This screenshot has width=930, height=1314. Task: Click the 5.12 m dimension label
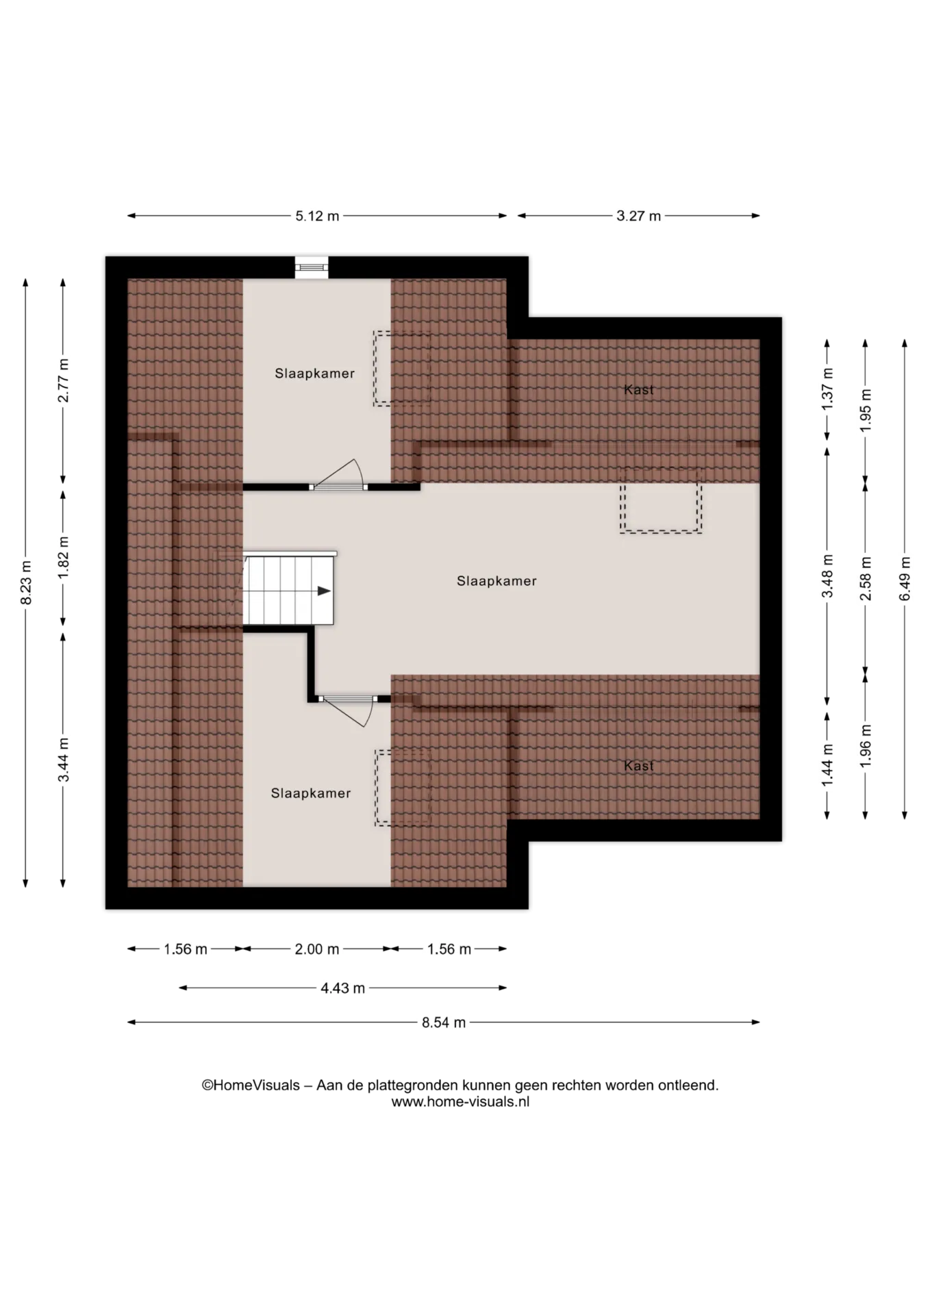[317, 216]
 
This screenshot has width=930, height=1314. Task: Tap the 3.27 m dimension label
[638, 216]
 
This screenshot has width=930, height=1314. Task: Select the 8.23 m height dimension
[26, 582]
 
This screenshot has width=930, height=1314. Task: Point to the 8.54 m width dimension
[444, 1022]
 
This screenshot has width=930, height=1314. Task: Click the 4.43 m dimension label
[342, 988]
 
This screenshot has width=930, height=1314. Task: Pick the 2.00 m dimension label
[317, 949]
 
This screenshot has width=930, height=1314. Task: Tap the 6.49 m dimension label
[905, 579]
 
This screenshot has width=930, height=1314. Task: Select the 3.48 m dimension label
[828, 576]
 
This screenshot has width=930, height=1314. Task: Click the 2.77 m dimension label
[64, 381]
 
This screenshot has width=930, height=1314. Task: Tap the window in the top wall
[312, 268]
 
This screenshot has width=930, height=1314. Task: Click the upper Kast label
[639, 389]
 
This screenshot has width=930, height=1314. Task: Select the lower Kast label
[639, 766]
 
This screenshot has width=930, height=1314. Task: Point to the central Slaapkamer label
[497, 581]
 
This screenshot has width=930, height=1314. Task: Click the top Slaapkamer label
[315, 374]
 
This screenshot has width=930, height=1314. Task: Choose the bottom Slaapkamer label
[311, 793]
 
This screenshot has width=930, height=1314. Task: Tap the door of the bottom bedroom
[348, 710]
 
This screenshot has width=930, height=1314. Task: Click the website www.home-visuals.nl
[460, 1103]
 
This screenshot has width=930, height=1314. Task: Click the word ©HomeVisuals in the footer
[251, 1085]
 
